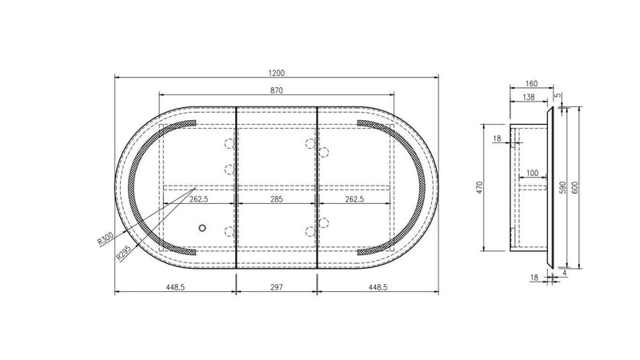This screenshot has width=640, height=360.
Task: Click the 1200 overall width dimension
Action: pyautogui.click(x=276, y=73)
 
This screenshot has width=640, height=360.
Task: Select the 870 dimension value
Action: pyautogui.click(x=276, y=90)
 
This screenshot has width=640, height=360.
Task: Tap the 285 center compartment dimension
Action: pyautogui.click(x=276, y=199)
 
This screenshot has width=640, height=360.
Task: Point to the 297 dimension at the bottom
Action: pyautogui.click(x=276, y=287)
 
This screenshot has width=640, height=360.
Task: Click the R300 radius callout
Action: pyautogui.click(x=105, y=238)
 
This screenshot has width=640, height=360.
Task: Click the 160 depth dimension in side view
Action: pyautogui.click(x=531, y=84)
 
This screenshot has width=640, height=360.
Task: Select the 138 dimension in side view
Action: pyautogui.click(x=529, y=97)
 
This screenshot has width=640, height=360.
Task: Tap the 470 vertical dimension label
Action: pyautogui.click(x=480, y=187)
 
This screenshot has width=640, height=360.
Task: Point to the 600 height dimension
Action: pyautogui.click(x=575, y=187)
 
